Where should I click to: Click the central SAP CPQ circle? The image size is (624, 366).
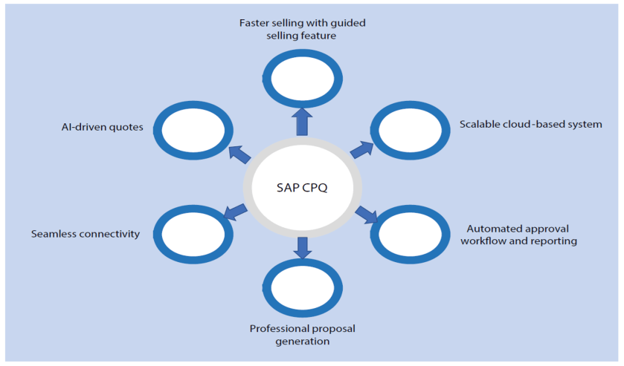303,188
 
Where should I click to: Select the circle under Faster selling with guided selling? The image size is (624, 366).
303,78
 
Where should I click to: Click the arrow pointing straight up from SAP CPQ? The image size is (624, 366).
303,121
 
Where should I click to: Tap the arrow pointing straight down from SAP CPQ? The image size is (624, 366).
303,247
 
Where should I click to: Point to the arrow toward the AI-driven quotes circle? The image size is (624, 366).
240,153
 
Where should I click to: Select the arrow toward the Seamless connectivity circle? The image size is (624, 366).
236,212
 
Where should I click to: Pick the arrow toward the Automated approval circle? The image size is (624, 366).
367,215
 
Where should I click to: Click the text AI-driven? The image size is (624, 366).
77,125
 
